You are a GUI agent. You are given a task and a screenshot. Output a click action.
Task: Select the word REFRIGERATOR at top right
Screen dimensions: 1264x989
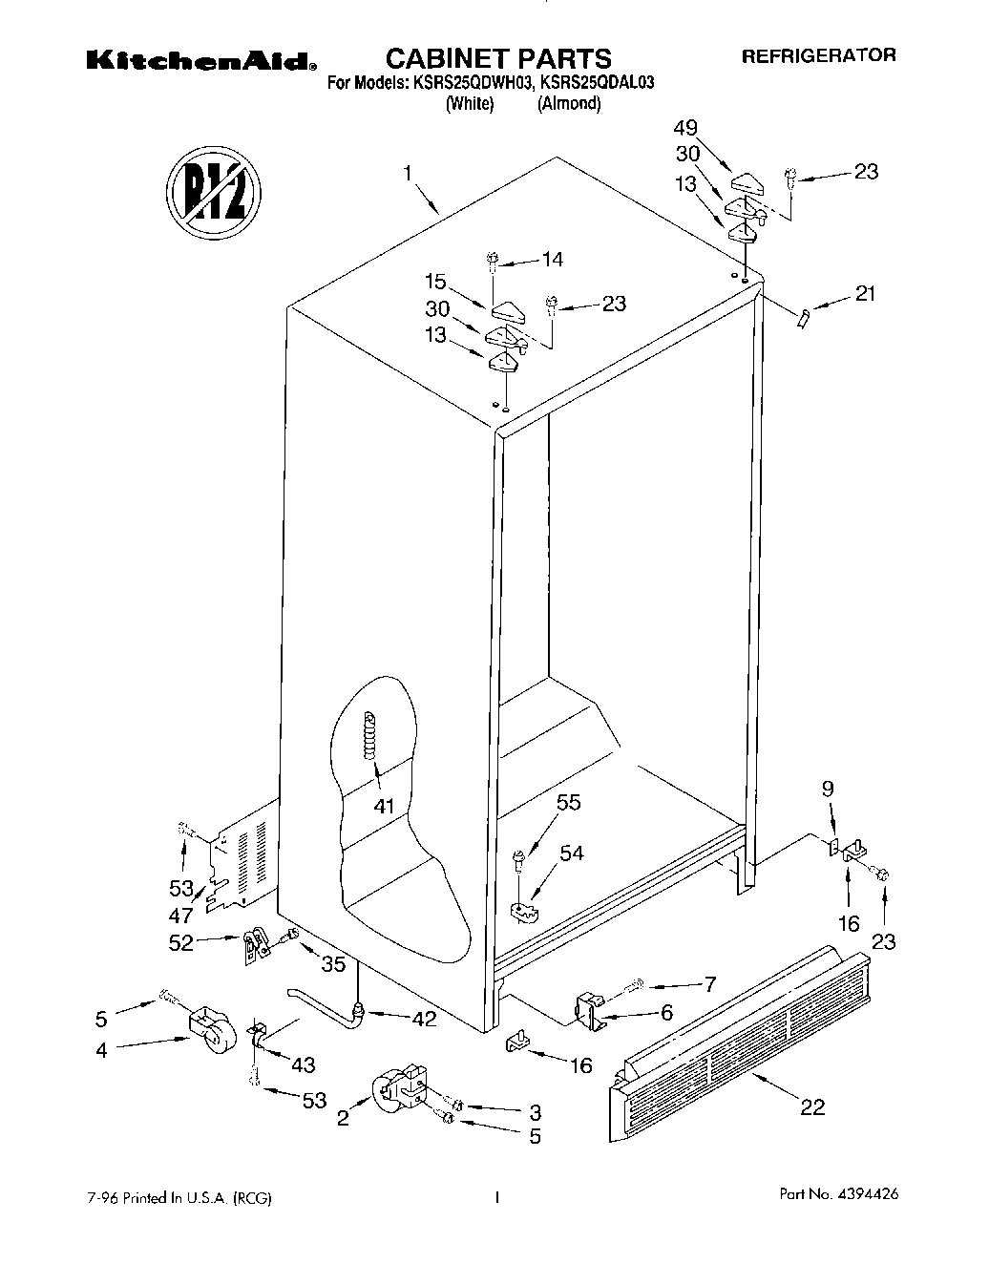point(819,55)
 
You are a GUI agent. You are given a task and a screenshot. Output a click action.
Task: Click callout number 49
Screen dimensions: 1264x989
point(685,128)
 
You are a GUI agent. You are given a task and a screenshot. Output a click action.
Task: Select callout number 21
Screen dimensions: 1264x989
point(865,293)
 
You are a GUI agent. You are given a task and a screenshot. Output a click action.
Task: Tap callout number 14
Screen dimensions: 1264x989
point(552,258)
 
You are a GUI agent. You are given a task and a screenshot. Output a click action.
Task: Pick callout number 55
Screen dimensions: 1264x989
point(568,803)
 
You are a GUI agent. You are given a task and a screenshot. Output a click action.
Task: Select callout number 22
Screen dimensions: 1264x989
point(812,1106)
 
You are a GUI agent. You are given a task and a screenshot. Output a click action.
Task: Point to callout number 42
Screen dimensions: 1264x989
point(424,1019)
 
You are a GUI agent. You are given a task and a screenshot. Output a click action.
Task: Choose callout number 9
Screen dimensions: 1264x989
point(828,789)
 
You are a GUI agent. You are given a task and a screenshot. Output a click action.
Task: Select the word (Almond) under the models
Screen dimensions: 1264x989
point(569,104)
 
